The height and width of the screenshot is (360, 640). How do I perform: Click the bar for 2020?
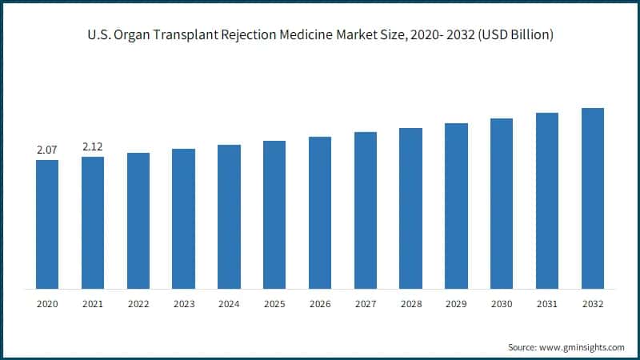pyautogui.click(x=47, y=224)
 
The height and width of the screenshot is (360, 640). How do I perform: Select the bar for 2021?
pyautogui.click(x=93, y=222)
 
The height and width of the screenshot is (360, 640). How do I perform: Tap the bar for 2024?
pyautogui.click(x=229, y=216)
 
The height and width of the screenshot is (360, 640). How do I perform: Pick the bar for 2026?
pyautogui.click(x=320, y=212)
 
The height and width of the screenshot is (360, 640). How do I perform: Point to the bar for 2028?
pyautogui.click(x=410, y=208)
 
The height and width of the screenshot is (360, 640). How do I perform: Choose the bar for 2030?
pyautogui.click(x=502, y=203)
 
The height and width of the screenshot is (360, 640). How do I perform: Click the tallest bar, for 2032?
pyautogui.click(x=592, y=198)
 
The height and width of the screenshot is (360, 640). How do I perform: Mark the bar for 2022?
pyautogui.click(x=138, y=220)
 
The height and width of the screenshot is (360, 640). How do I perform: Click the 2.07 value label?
pyautogui.click(x=47, y=150)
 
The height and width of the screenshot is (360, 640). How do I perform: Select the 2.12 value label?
pyautogui.click(x=93, y=146)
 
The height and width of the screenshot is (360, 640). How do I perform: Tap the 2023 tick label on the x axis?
pyautogui.click(x=183, y=304)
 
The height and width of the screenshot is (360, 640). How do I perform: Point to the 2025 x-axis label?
pyautogui.click(x=274, y=304)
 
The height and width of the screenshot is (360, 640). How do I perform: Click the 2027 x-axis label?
pyautogui.click(x=365, y=304)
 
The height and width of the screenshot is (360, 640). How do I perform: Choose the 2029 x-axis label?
pyautogui.click(x=456, y=304)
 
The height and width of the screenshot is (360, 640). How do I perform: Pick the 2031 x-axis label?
pyautogui.click(x=546, y=304)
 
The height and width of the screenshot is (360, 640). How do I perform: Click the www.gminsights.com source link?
pyautogui.click(x=582, y=347)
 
